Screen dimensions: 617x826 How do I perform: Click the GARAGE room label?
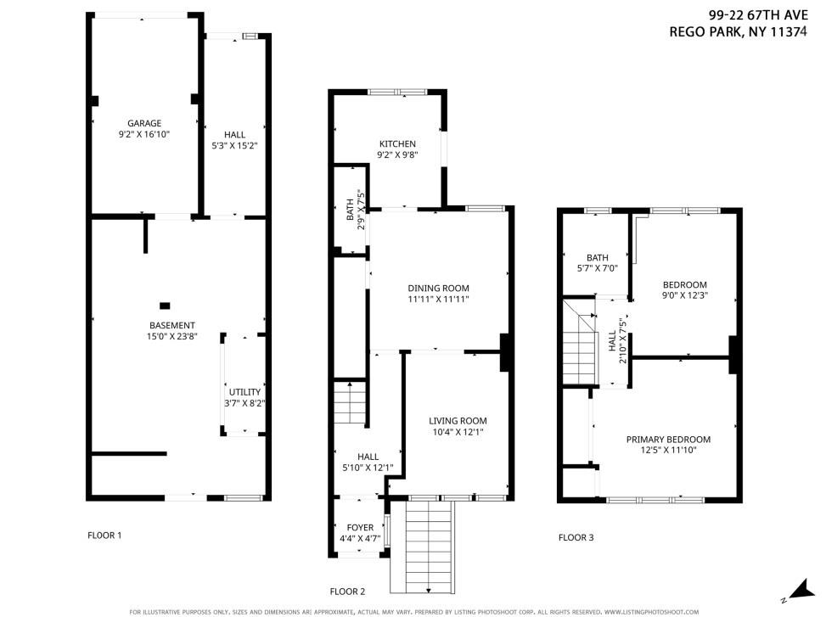pyautogui.click(x=144, y=123)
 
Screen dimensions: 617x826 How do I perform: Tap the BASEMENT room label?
pyautogui.click(x=172, y=325)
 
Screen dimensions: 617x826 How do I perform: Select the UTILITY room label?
pyautogui.click(x=244, y=392)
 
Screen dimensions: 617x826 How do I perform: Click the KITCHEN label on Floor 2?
pyautogui.click(x=396, y=143)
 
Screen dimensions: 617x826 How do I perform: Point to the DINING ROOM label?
pyautogui.click(x=438, y=288)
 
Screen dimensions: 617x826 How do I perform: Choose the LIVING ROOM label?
pyautogui.click(x=458, y=421)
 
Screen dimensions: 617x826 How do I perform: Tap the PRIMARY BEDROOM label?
pyautogui.click(x=668, y=439)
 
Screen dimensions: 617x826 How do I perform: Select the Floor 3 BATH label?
pyautogui.click(x=598, y=258)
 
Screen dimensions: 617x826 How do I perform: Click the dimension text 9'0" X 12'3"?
pyautogui.click(x=685, y=295)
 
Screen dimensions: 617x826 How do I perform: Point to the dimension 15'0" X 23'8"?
pyautogui.click(x=172, y=336)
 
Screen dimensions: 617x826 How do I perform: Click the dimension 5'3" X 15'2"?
pyautogui.click(x=234, y=145)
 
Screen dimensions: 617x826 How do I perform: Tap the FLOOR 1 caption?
pyautogui.click(x=104, y=536)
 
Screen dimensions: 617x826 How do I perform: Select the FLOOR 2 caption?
pyautogui.click(x=347, y=592)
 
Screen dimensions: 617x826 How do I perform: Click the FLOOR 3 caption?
pyautogui.click(x=576, y=537)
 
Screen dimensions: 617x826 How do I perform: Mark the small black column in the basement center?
pyautogui.click(x=165, y=306)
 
